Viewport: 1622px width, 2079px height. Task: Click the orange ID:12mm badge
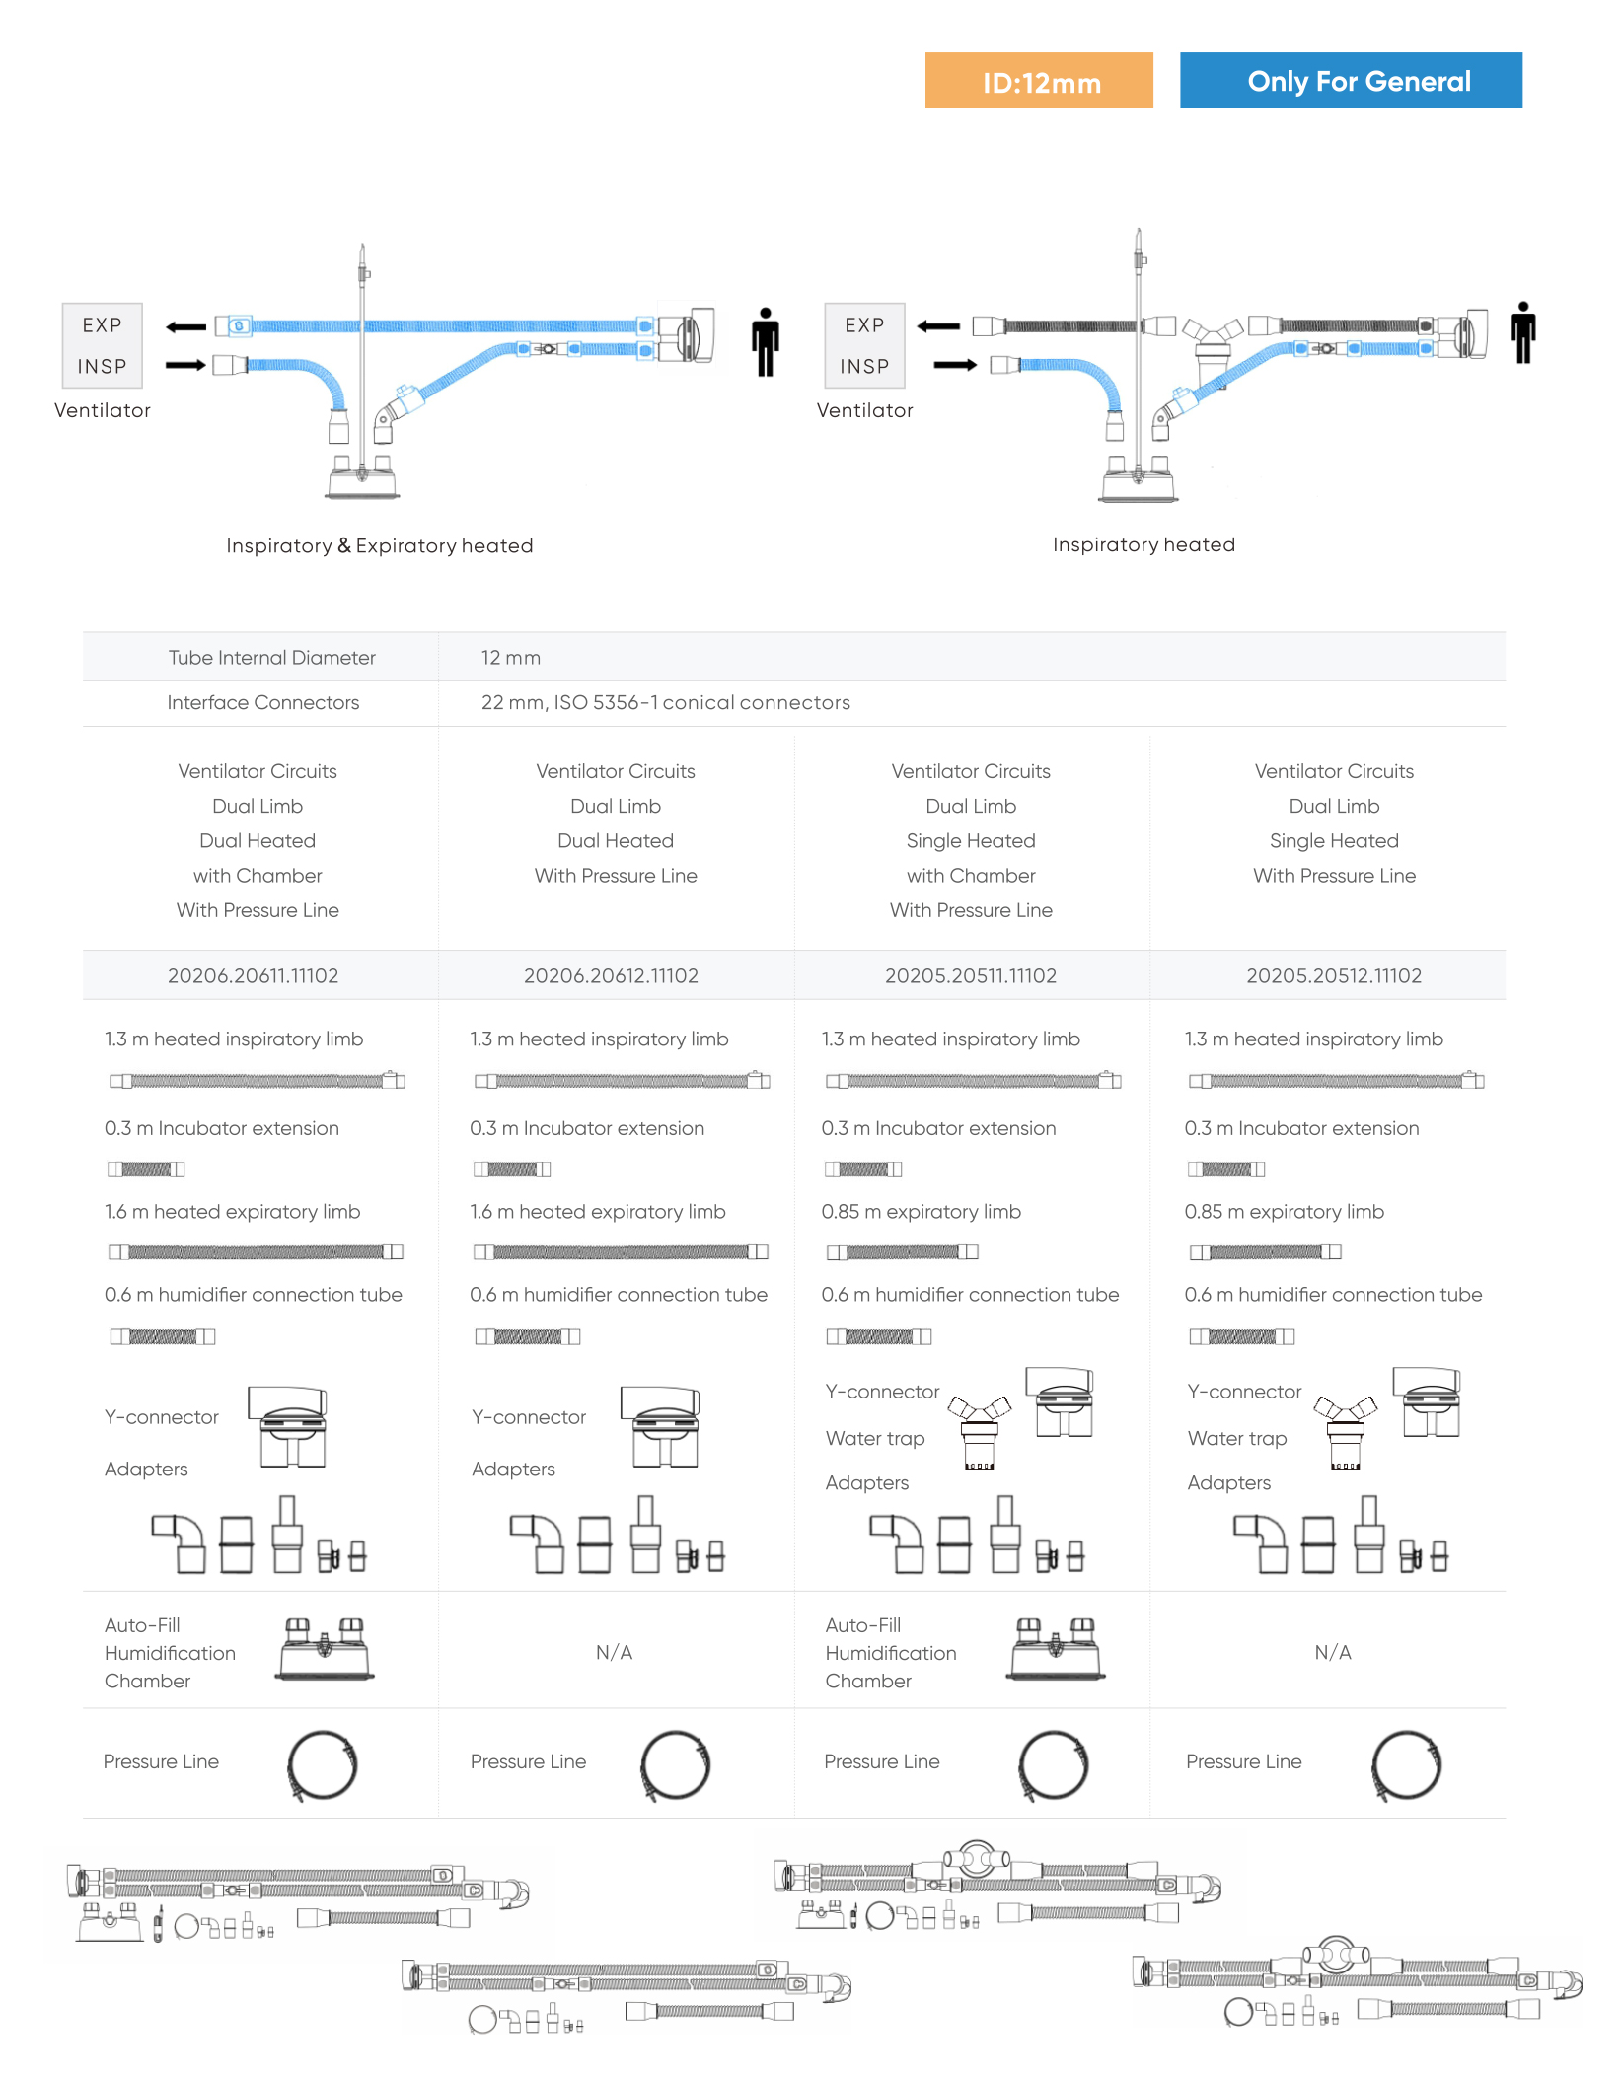[x=1038, y=81]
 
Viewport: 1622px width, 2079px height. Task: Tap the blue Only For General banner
[x=1350, y=81]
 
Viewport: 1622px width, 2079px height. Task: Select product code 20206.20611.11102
[x=253, y=975]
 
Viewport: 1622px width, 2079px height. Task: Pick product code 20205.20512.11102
[x=1333, y=975]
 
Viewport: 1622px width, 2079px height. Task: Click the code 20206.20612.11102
[x=611, y=975]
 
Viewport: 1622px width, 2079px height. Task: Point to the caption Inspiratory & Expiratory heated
[x=379, y=545]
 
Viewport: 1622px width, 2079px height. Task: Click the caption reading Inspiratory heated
[x=1143, y=544]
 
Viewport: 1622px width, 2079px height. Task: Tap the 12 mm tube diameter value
[x=510, y=657]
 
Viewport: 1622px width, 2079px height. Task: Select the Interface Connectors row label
[x=262, y=702]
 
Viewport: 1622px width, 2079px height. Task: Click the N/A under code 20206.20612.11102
[x=614, y=1652]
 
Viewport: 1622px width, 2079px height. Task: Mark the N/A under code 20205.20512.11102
[x=1332, y=1652]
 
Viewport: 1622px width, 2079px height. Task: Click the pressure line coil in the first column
[x=322, y=1764]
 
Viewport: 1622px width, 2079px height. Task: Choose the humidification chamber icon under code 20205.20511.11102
[x=1055, y=1648]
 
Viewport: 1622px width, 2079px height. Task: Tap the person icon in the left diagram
[x=765, y=341]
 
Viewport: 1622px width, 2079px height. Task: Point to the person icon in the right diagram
[x=1522, y=332]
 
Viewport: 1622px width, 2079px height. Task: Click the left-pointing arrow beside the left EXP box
[x=186, y=326]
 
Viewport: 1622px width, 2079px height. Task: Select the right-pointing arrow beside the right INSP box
[x=954, y=365]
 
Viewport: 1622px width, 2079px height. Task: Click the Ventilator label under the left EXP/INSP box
[x=103, y=410]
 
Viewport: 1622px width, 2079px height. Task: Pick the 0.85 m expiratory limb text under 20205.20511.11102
[x=921, y=1211]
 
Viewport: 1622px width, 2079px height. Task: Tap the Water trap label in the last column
[x=1236, y=1438]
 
